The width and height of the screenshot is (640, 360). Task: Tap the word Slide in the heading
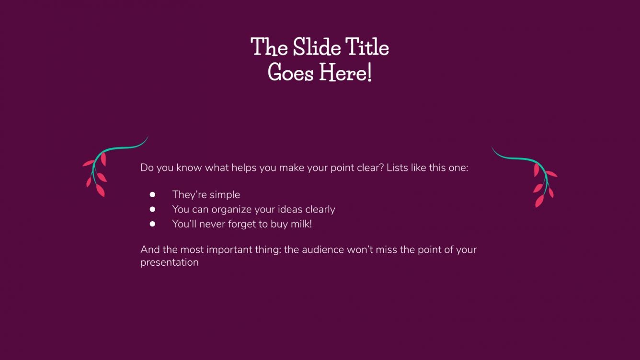coord(313,47)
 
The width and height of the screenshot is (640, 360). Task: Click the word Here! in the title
coord(345,73)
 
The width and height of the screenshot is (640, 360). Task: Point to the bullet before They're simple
coord(152,194)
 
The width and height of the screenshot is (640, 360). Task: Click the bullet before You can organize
coord(152,209)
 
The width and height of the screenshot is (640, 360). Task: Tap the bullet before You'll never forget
coord(152,224)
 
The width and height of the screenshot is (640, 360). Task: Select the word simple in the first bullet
coord(224,195)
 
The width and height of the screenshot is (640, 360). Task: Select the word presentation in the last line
coord(169,263)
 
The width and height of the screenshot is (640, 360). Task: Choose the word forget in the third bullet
coord(241,224)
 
